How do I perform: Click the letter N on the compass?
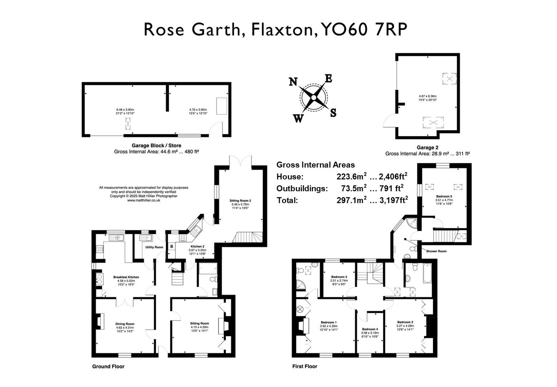pos(293,82)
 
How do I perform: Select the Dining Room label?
pos(125,324)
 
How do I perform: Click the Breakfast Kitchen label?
pos(126,277)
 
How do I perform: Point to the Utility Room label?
pos(154,247)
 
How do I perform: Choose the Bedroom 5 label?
pos(444,196)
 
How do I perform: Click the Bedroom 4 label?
pos(370,329)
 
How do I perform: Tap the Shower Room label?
pos(436,251)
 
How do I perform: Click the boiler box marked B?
pos(172,247)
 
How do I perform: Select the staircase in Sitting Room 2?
pos(248,237)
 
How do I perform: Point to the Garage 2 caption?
pos(427,147)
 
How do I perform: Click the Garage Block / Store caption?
pos(156,145)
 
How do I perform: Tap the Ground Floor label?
pos(108,366)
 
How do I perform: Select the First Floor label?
pos(304,366)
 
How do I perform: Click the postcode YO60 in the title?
pos(344,29)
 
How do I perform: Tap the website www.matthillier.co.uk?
pos(143,200)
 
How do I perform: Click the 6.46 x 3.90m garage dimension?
pos(125,110)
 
